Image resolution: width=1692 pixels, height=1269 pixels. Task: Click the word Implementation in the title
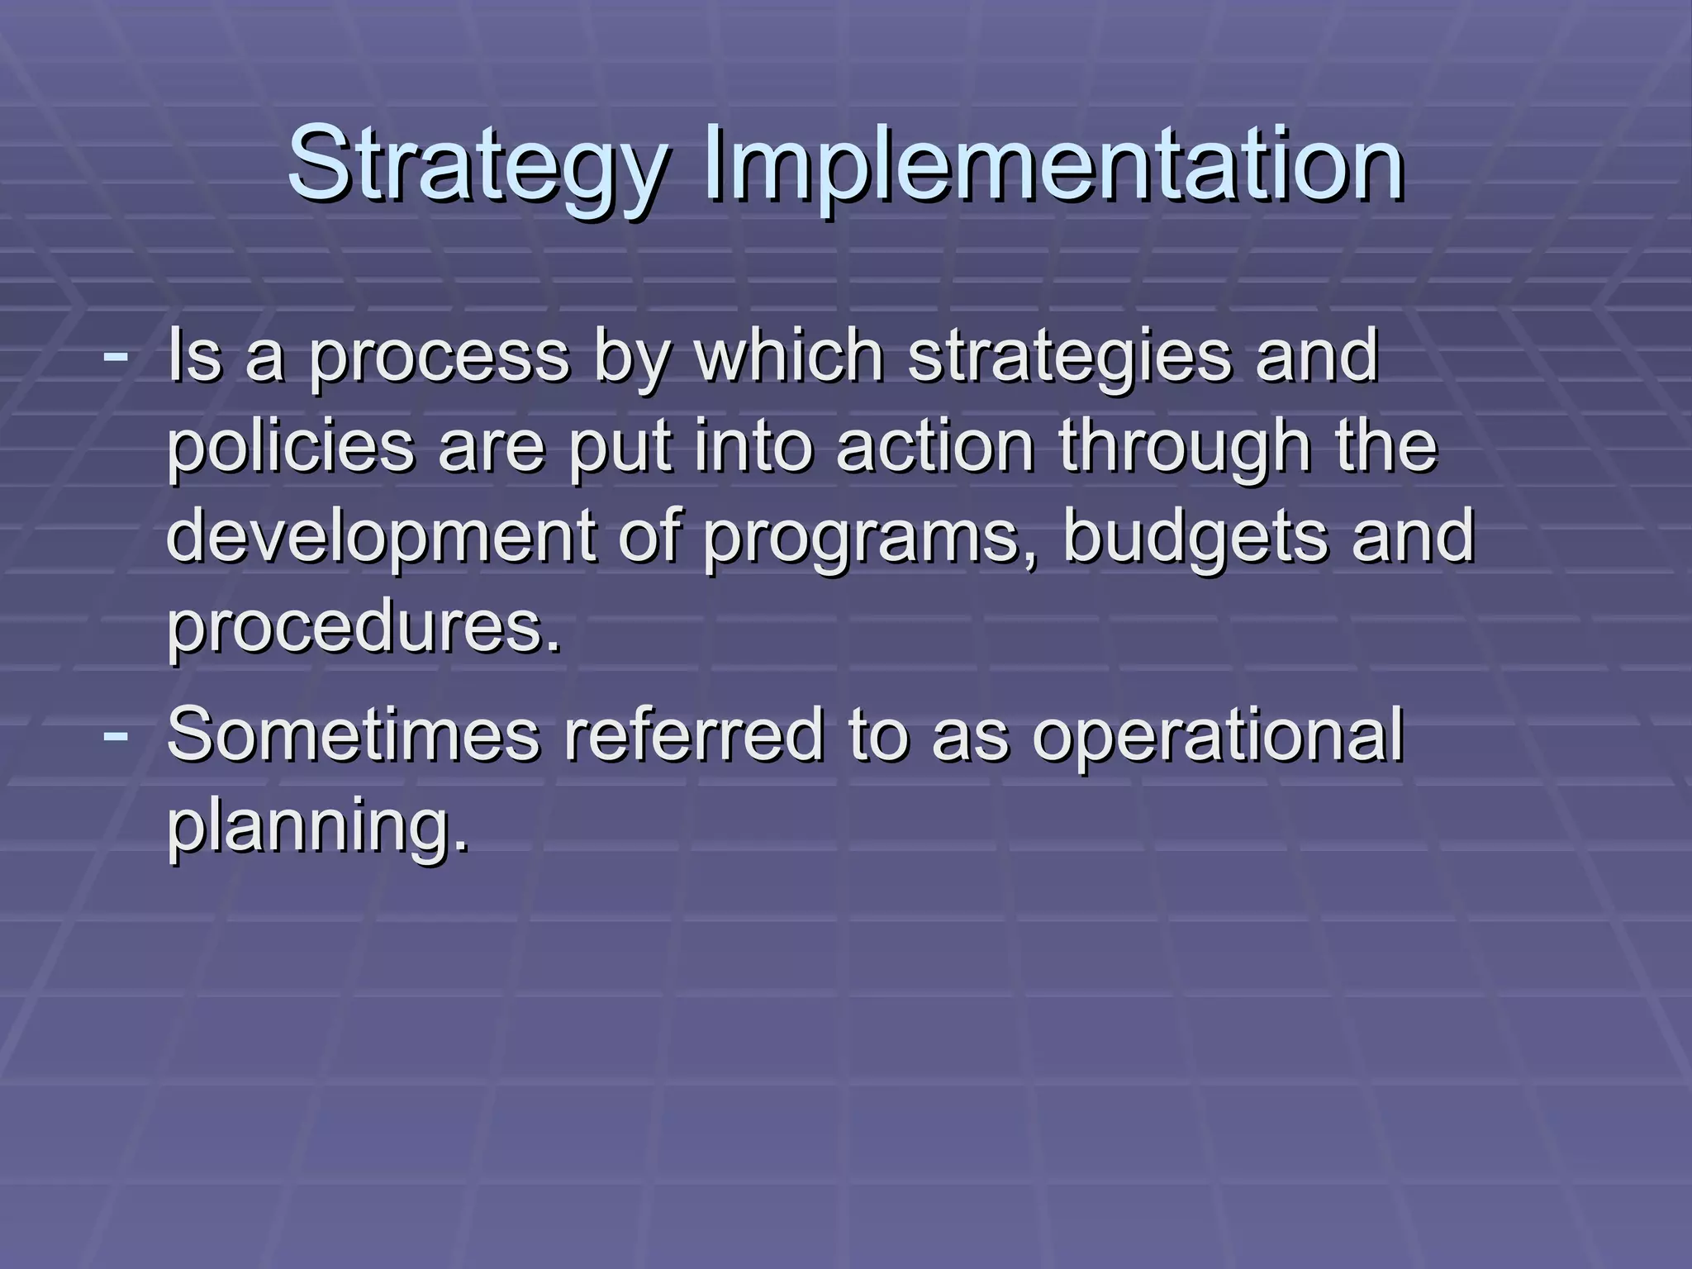1053,165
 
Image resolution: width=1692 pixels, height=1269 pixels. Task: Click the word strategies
1070,359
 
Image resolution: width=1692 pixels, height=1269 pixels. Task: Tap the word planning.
318,826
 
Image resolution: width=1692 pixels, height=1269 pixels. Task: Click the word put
620,450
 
